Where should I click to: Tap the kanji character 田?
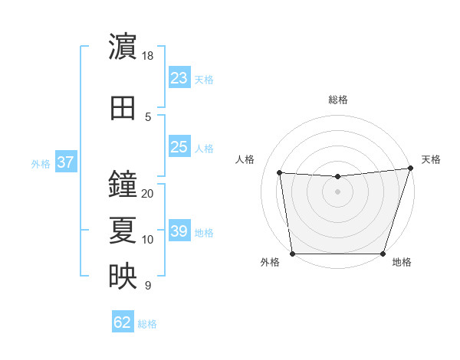coord(123,108)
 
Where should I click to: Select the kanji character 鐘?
coord(123,184)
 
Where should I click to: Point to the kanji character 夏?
coord(123,231)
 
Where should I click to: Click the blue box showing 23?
coord(179,78)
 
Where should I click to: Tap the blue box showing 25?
coord(179,147)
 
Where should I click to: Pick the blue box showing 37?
coord(65,162)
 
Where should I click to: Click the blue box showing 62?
coord(123,322)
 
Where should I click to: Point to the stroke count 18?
coord(148,56)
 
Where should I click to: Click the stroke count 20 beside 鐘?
coord(148,193)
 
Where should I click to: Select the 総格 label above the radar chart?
coord(337,100)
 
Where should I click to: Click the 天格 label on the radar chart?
coord(431,159)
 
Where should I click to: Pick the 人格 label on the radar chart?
coord(245,159)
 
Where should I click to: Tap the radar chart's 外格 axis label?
coord(270,263)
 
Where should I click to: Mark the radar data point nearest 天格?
coord(410,169)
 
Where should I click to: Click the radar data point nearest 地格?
coord(383,254)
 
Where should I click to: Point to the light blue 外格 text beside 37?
coord(41,163)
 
